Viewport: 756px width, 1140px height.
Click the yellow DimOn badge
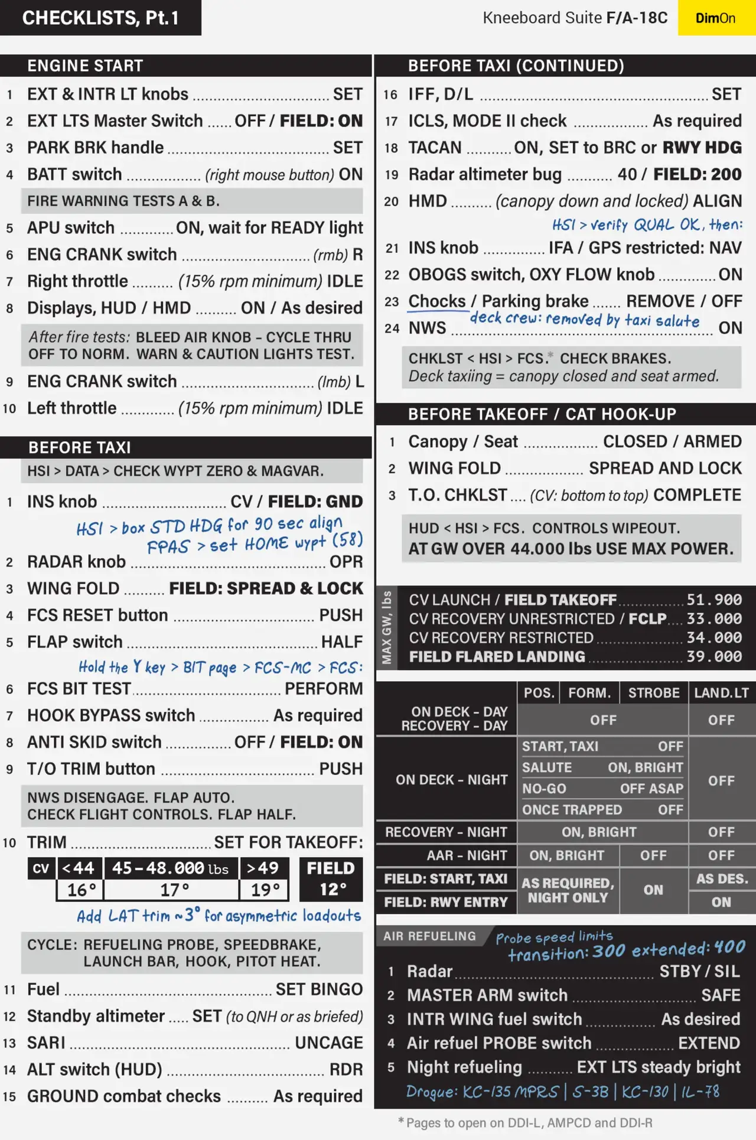tap(716, 18)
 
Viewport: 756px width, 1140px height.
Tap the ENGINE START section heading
tap(85, 66)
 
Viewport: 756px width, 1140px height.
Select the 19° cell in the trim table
tap(264, 890)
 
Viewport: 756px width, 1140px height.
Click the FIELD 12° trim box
tap(331, 879)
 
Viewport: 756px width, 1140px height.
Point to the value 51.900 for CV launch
tap(713, 600)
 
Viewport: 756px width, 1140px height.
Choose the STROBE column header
tap(654, 693)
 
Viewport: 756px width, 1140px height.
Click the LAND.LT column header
tap(721, 693)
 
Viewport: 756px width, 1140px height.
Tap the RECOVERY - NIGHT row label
tap(446, 832)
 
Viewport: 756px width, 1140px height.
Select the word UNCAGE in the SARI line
tap(328, 1043)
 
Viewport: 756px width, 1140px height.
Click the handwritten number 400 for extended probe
tap(729, 947)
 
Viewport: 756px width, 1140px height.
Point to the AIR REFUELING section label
tap(429, 936)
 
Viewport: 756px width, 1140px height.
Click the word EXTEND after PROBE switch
tap(709, 1043)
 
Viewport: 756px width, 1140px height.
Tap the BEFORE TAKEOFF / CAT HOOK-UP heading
tap(542, 414)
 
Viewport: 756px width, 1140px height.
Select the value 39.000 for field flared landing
tap(713, 657)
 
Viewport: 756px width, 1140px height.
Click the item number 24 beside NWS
tap(392, 328)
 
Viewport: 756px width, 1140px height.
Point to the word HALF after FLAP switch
tap(341, 642)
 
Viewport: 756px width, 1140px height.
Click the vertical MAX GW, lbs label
tap(387, 628)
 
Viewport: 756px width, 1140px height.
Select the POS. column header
tap(539, 693)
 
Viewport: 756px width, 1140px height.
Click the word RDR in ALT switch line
tap(346, 1070)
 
